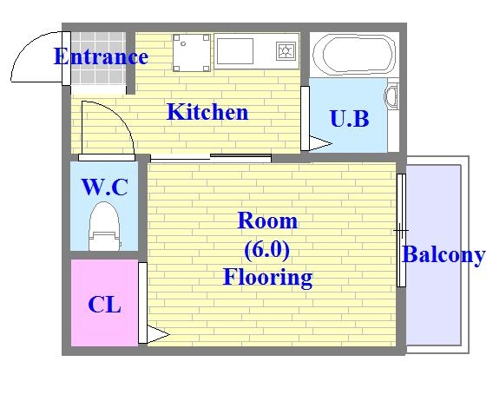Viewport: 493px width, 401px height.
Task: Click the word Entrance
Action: point(101,57)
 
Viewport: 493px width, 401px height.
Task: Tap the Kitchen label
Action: point(207,112)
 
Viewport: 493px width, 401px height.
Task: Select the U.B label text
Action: point(349,118)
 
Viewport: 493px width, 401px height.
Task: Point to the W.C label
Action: point(104,187)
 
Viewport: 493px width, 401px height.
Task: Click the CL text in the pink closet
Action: point(104,305)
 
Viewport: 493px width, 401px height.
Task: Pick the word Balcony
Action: point(443,255)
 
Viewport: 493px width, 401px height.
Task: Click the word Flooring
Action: point(267,278)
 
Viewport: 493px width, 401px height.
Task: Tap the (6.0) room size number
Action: point(267,250)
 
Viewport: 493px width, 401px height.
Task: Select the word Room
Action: point(267,221)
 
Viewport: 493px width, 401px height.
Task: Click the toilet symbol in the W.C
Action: point(103,227)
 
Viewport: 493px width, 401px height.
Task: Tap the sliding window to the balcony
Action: point(401,230)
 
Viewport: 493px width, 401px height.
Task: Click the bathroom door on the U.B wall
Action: point(306,118)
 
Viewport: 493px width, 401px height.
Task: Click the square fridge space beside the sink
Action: point(191,53)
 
